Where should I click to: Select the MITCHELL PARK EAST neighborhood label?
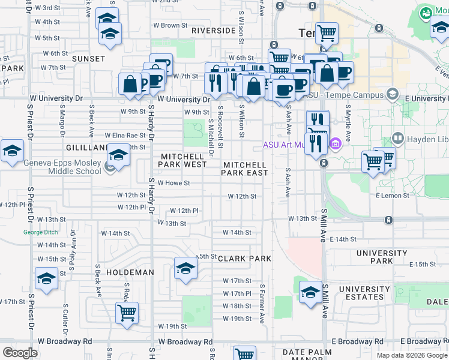(x=245, y=169)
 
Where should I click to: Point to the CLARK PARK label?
(x=244, y=259)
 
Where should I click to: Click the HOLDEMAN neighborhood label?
(x=130, y=272)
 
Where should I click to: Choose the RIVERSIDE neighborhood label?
(x=213, y=31)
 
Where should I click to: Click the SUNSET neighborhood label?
(x=88, y=59)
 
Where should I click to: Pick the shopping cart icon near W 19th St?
(x=127, y=313)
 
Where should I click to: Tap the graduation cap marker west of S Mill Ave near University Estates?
(x=310, y=292)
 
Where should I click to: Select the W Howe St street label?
(x=173, y=183)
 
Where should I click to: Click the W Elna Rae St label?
(x=125, y=136)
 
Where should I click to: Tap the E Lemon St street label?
(x=393, y=196)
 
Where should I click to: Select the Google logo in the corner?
(x=20, y=353)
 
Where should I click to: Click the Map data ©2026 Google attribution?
(x=411, y=355)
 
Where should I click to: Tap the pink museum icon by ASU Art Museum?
(x=335, y=144)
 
